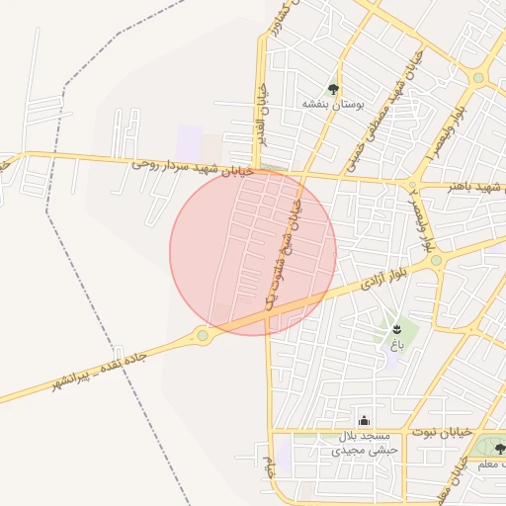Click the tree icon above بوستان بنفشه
coord(333,87)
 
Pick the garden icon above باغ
coord(396,328)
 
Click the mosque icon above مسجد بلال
coord(364,420)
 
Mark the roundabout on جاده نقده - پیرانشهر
coord(204,336)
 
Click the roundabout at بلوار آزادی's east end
coord(436,261)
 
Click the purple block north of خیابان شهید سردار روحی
coord(189,138)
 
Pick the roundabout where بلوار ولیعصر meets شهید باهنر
coord(412,185)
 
